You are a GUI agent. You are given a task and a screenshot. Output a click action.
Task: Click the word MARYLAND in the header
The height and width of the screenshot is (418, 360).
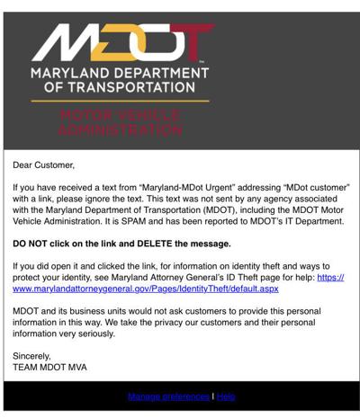[x=76, y=73]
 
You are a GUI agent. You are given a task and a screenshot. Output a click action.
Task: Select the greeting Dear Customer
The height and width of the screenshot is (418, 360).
[x=44, y=165]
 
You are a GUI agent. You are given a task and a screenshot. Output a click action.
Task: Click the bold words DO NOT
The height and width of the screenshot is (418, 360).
[x=34, y=244]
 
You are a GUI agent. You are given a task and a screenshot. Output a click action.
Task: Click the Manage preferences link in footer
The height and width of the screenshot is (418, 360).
[x=167, y=396]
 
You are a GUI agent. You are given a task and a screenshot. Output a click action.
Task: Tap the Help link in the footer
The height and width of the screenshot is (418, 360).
[x=226, y=396]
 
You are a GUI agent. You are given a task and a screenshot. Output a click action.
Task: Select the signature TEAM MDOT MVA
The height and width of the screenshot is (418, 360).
[x=50, y=367]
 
